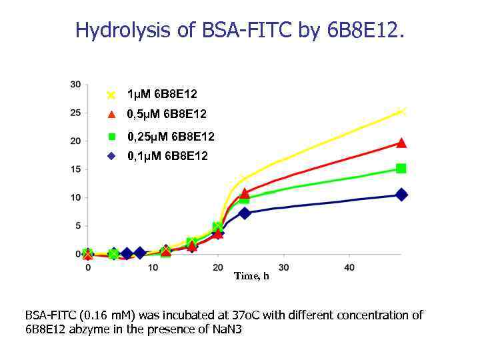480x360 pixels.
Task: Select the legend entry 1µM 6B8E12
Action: tap(162, 94)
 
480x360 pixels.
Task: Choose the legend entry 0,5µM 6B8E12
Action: tap(167, 114)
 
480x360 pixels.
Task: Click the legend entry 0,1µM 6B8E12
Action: tap(167, 156)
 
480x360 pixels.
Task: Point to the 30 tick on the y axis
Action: tap(75, 85)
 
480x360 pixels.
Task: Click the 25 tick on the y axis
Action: tap(75, 113)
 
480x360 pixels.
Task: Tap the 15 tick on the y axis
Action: tap(75, 169)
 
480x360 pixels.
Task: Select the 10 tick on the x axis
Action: tap(153, 267)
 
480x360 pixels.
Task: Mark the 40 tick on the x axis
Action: tap(349, 267)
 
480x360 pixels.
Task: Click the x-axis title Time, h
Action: tap(251, 276)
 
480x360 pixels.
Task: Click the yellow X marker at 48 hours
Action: tap(401, 111)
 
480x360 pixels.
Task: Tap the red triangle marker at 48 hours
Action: tap(401, 143)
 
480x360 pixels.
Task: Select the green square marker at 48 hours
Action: tap(401, 169)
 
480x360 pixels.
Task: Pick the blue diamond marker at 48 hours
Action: tap(401, 195)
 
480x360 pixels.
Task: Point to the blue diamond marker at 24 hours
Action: tap(245, 213)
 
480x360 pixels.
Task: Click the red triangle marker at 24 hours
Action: tap(245, 193)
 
